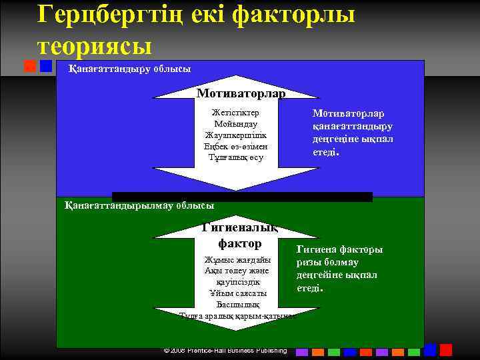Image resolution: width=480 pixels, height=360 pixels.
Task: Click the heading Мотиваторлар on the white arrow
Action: [241, 93]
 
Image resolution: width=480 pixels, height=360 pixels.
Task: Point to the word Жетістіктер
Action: [235, 112]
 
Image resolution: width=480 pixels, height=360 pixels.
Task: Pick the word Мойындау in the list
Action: [236, 123]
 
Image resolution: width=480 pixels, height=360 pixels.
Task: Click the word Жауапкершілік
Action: [236, 135]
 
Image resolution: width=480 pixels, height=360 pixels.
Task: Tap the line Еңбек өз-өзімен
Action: [236, 146]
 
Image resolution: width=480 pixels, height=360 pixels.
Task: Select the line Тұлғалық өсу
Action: [236, 157]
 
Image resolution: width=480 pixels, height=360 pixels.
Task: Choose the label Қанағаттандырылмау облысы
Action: [139, 206]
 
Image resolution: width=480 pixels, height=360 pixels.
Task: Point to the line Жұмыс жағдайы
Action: [237, 259]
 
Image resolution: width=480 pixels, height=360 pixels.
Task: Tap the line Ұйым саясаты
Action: [237, 293]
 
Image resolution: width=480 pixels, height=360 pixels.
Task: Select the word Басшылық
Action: [237, 304]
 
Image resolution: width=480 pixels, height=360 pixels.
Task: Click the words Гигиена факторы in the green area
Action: [340, 249]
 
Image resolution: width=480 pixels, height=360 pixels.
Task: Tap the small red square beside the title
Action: [29, 66]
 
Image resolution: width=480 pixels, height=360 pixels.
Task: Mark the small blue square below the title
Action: [45, 66]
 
